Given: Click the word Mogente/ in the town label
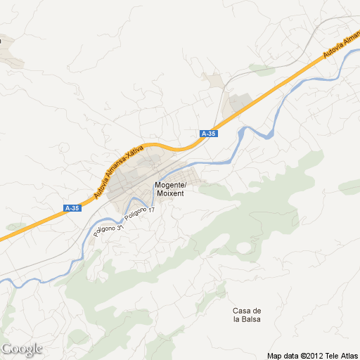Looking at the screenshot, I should (x=169, y=185).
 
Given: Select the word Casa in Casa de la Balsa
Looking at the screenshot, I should (x=242, y=311).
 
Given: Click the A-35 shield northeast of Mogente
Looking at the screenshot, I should (x=208, y=134).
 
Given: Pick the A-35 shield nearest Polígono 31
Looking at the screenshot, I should (x=72, y=208).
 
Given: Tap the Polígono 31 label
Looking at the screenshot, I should (x=111, y=231).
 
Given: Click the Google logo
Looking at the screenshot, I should (x=22, y=349).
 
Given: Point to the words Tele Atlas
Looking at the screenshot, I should (x=342, y=355).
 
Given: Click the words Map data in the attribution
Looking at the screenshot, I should (x=283, y=355).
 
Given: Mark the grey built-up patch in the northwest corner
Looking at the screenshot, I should (x=11, y=52).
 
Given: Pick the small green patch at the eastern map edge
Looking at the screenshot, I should (x=350, y=188).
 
